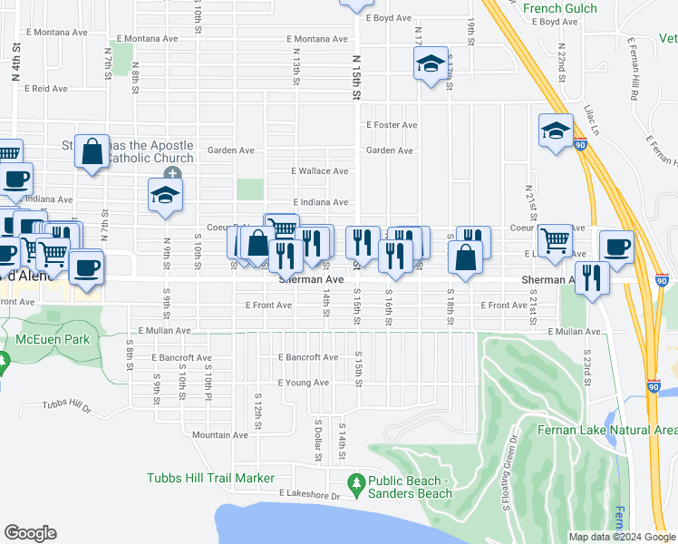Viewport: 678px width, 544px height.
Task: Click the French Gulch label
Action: (x=560, y=8)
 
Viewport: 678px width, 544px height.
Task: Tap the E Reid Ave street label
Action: (x=47, y=89)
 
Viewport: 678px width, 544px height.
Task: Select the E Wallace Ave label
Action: (x=319, y=170)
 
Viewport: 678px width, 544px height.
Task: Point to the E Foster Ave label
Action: (x=391, y=125)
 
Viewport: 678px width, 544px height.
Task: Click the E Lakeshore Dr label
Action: (x=309, y=496)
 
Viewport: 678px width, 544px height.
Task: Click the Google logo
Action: (x=30, y=533)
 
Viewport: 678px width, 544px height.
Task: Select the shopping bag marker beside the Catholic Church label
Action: (x=92, y=152)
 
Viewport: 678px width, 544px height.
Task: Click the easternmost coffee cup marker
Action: (x=616, y=247)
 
